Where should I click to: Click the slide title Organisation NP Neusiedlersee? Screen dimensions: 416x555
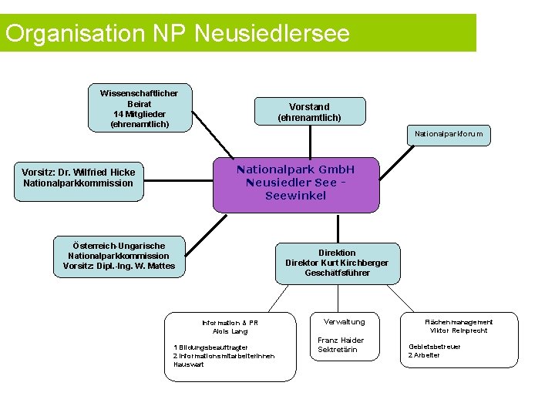click(x=177, y=33)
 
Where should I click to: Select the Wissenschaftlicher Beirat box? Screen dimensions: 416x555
click(x=140, y=108)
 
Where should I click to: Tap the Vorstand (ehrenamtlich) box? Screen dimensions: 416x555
click(x=309, y=112)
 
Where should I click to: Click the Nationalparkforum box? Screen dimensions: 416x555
click(x=449, y=134)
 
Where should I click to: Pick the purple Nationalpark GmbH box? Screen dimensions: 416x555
click(x=296, y=183)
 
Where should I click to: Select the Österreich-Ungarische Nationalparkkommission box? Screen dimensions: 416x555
click(x=119, y=256)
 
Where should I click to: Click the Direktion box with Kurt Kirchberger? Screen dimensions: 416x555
click(x=337, y=263)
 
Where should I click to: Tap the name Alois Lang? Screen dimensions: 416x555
click(x=230, y=331)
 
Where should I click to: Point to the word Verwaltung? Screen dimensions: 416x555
click(x=345, y=321)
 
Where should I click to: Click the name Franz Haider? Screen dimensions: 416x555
click(x=341, y=340)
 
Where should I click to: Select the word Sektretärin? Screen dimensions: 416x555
click(x=338, y=350)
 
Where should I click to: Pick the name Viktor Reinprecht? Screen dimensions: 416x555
click(x=459, y=330)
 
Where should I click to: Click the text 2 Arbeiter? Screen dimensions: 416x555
click(x=424, y=354)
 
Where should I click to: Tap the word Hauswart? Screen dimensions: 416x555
click(x=190, y=364)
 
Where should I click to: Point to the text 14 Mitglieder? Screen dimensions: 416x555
click(x=140, y=113)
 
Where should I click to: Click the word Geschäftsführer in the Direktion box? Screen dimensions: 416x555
click(x=337, y=273)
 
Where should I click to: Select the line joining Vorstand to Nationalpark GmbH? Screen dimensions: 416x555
click(x=309, y=143)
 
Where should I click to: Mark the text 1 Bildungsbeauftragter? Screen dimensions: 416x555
click(x=211, y=347)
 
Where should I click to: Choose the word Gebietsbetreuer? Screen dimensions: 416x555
click(x=435, y=346)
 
